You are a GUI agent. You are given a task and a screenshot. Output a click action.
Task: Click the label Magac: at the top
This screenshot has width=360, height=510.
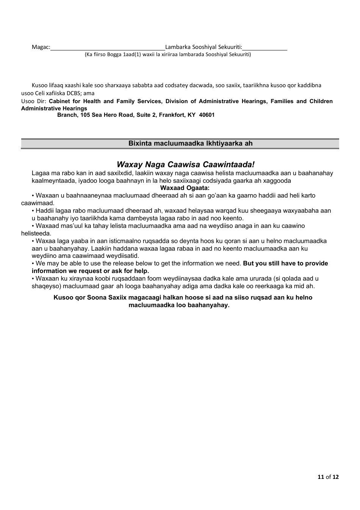(x=41, y=47)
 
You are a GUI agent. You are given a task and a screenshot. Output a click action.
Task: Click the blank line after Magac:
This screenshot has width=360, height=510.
(x=108, y=48)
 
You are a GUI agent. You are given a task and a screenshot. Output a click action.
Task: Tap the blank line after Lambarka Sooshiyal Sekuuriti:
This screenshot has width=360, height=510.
(x=265, y=48)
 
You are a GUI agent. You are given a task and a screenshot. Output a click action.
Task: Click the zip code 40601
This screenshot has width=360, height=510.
(x=207, y=115)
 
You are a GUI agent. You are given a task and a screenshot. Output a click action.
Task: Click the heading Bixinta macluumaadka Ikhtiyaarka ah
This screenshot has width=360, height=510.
(x=190, y=143)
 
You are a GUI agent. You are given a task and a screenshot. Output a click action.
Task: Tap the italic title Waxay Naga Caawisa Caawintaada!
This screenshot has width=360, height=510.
(x=186, y=164)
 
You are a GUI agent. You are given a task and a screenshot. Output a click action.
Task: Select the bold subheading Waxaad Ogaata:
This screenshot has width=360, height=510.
(x=185, y=188)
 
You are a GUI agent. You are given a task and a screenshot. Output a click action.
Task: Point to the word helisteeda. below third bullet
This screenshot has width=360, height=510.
(x=36, y=234)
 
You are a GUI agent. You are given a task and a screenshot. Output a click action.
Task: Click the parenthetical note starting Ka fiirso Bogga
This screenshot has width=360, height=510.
(x=167, y=55)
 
